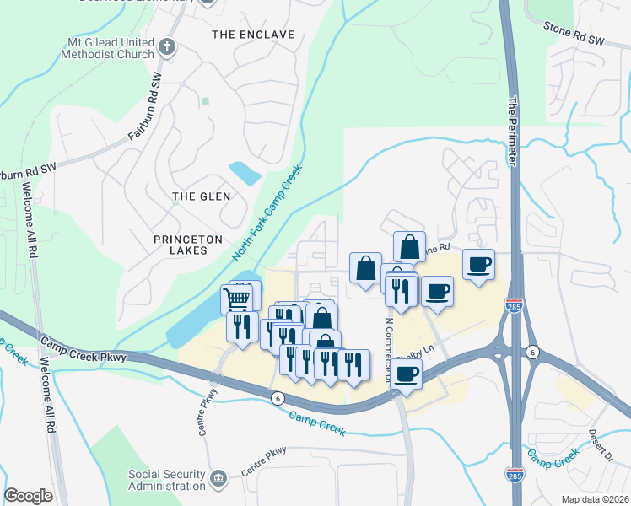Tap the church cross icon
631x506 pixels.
(167, 47)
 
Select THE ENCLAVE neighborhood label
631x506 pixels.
(253, 35)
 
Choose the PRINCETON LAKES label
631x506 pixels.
(181, 245)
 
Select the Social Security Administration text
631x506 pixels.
(166, 480)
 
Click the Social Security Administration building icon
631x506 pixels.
(218, 479)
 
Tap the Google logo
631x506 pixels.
(28, 496)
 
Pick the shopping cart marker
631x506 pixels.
(237, 298)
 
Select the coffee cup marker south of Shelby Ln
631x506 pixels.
(407, 374)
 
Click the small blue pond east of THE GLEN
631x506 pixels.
(245, 173)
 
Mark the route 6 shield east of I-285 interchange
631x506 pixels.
(531, 351)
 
